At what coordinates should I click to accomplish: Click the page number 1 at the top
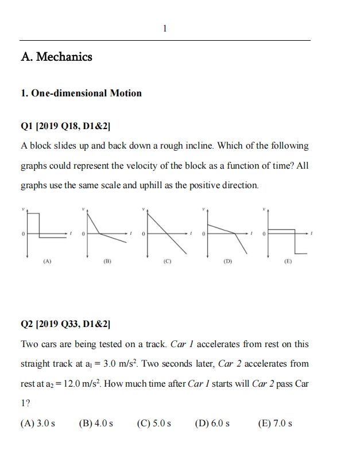[x=165, y=28]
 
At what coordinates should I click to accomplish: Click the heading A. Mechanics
[x=56, y=57]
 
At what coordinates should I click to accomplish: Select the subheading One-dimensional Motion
[x=81, y=93]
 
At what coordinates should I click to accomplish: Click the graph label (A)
[x=47, y=262]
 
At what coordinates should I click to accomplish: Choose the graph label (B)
[x=107, y=262]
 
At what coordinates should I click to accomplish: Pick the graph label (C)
[x=167, y=262]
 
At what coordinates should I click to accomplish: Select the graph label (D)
[x=227, y=262]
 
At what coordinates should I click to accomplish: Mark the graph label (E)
[x=288, y=262]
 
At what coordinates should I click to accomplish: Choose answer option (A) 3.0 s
[x=38, y=423]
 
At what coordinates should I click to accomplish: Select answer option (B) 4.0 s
[x=95, y=423]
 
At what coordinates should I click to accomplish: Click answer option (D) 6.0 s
[x=212, y=423]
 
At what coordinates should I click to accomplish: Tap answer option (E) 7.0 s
[x=276, y=423]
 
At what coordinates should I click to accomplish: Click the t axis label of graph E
[x=311, y=234]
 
